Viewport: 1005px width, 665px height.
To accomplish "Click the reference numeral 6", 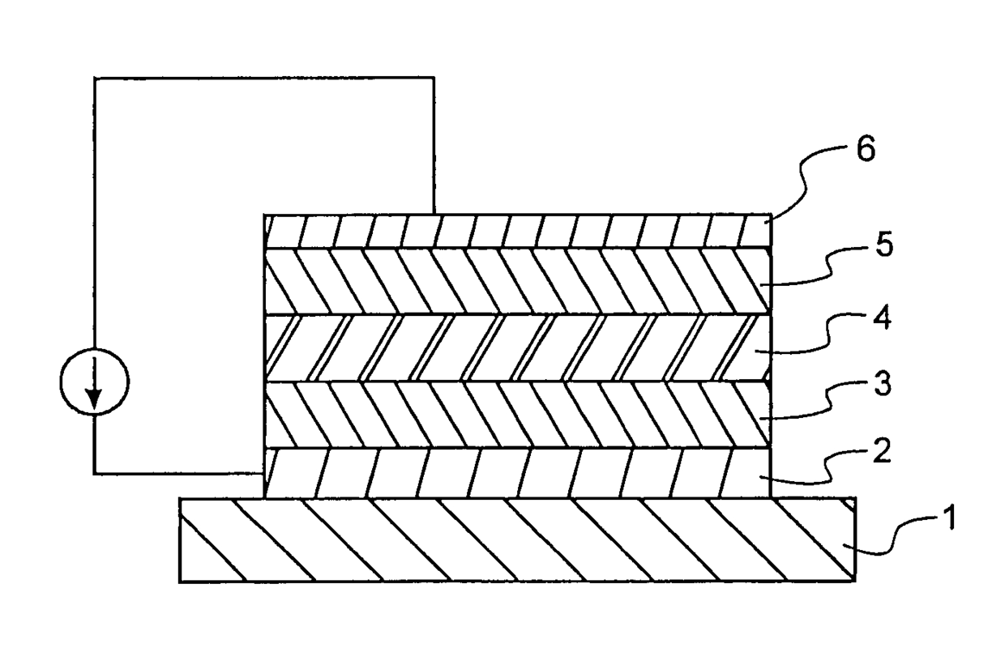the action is click(866, 151).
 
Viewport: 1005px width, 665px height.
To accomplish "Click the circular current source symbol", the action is click(95, 380).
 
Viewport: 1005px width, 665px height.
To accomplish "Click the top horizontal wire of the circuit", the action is click(264, 78).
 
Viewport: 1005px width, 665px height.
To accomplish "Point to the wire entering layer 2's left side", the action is click(178, 473).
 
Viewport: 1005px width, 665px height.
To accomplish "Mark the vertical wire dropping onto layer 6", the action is click(434, 146).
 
